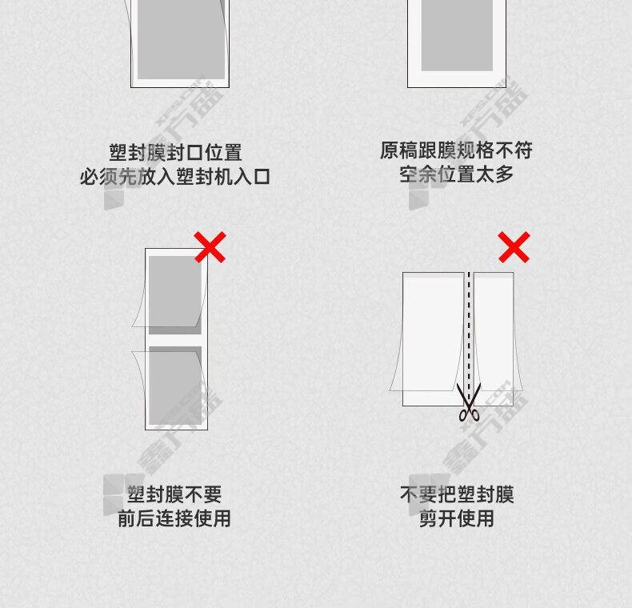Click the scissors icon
pos(469,402)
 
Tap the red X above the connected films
pos(210,247)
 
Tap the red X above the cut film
pos(514,247)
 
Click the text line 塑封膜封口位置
pos(175,153)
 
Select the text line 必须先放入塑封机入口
pos(175,177)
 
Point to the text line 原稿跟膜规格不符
pos(456,150)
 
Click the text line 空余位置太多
pos(456,174)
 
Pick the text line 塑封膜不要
pos(174,494)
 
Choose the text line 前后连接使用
pos(174,518)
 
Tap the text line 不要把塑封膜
pos(457,494)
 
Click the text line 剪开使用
pos(457,518)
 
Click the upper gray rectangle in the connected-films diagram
pos(175,295)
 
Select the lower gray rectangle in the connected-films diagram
pos(175,386)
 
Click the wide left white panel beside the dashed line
pos(433,339)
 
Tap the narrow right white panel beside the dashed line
pos(494,339)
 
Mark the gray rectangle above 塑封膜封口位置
pos(181,39)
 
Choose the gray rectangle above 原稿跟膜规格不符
pos(457,35)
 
